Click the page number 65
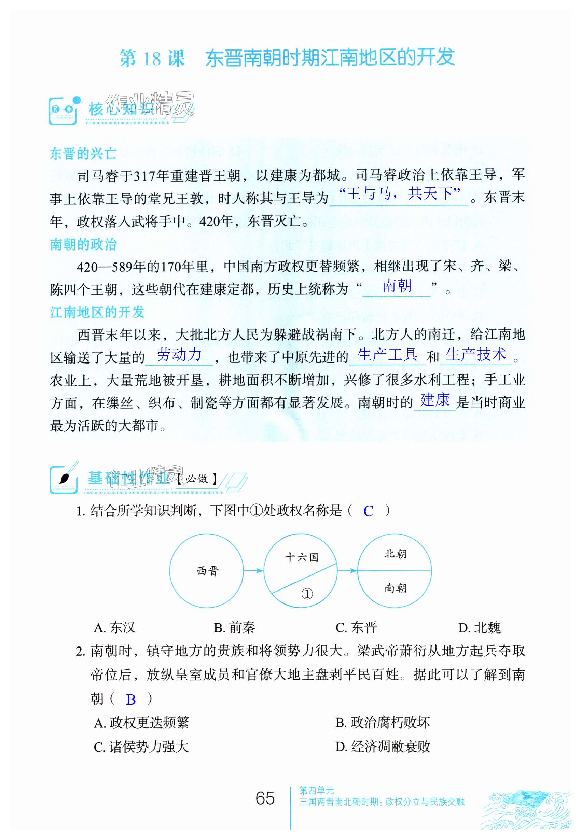265,798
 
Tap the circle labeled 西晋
207,570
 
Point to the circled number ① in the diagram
307,594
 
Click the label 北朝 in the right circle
395,554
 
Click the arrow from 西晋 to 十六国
253,570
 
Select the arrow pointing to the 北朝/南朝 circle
347,570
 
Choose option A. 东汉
114,627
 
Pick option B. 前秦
234,627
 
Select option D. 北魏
480,627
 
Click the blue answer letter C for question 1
368,511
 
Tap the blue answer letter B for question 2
131,699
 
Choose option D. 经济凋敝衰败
383,746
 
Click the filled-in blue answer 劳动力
179,354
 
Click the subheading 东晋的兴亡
83,154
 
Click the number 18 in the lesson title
152,58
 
